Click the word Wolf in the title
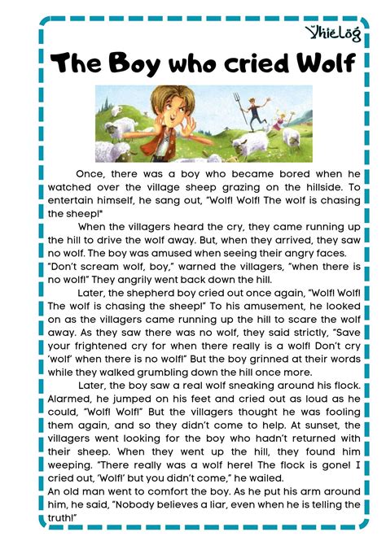point(294,63)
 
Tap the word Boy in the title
point(135,63)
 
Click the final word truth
point(66,517)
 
